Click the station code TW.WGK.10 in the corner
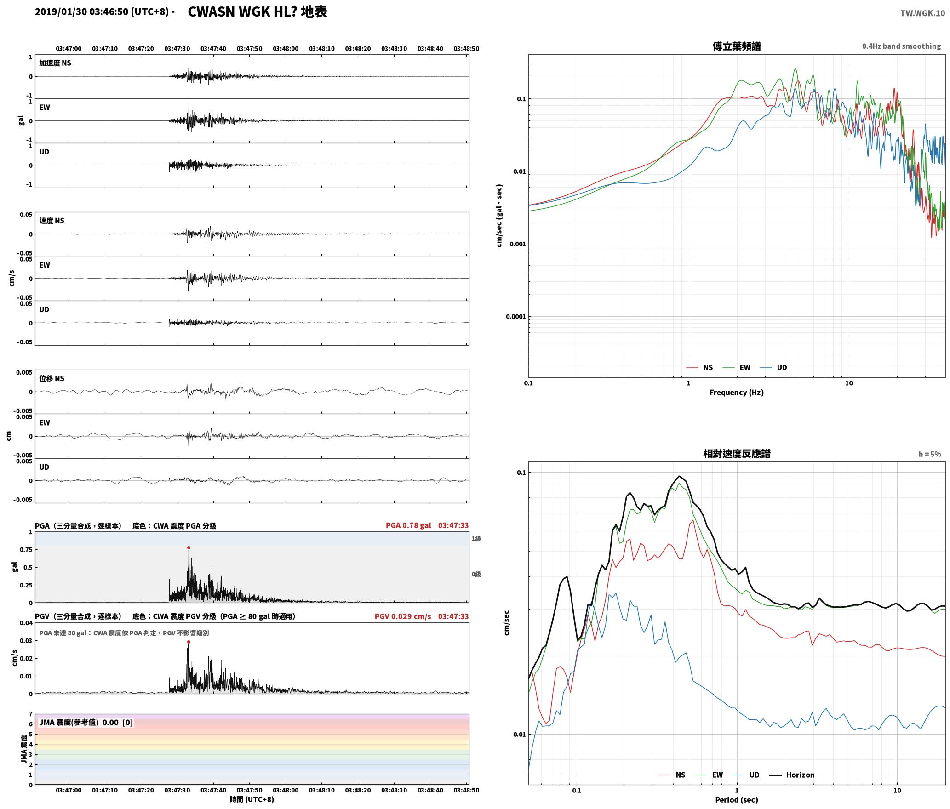pos(922,13)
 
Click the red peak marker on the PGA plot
pos(189,547)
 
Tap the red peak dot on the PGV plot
pos(189,642)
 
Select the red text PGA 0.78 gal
pos(408,525)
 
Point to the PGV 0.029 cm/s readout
pos(403,616)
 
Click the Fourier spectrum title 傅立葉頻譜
pos(736,46)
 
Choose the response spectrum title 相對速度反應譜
pos(737,454)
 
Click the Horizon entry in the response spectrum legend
pos(800,775)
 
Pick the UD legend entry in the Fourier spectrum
pos(782,367)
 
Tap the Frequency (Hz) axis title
pos(736,393)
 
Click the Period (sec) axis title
pos(736,800)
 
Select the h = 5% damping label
pos(930,454)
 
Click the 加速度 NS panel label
pos(55,63)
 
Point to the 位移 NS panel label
pos(52,378)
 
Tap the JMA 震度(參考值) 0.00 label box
pos(86,722)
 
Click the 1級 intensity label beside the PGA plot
pos(476,539)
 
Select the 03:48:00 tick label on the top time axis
pos(286,49)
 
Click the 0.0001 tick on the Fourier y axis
pos(515,317)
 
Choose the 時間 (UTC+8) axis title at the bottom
pos(252,799)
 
